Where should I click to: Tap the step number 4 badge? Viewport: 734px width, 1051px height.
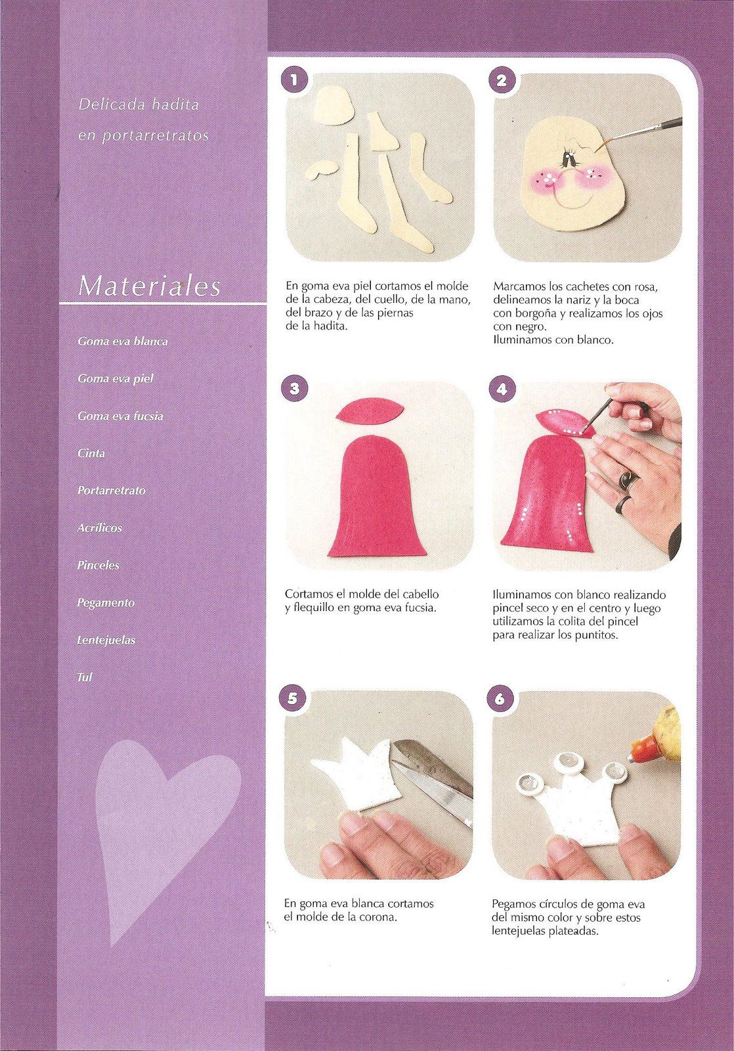point(502,390)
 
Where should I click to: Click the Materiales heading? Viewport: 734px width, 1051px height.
point(149,285)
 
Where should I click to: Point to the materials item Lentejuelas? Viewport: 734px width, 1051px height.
point(106,640)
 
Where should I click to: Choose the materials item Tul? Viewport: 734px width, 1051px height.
point(85,677)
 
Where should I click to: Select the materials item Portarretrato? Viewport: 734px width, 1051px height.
point(112,490)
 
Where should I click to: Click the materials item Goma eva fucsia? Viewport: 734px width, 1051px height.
point(121,416)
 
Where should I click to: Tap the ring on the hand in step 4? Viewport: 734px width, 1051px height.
point(626,479)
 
